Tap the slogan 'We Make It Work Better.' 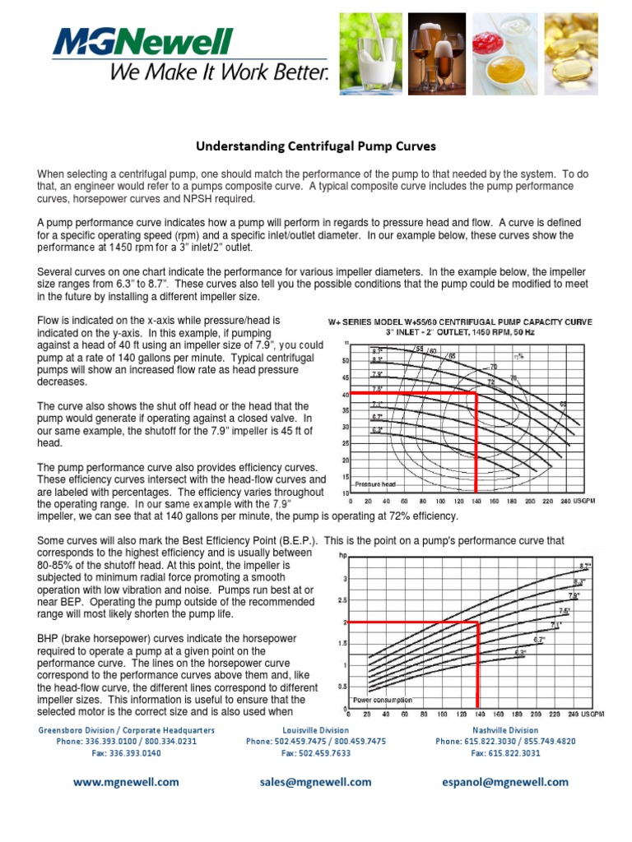point(220,73)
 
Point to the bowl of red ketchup point(495,41)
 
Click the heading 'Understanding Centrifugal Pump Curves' point(315,147)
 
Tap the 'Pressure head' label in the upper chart point(375,484)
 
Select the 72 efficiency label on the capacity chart point(490,382)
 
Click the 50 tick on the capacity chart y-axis point(346,360)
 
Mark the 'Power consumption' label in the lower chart point(382,700)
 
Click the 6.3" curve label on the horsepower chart point(519,653)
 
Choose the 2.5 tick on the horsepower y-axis point(343,601)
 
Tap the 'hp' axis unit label point(344,556)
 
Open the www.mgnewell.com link point(125,782)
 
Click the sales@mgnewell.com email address point(315,782)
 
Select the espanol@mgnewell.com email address point(505,782)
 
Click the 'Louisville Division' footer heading point(315,729)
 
